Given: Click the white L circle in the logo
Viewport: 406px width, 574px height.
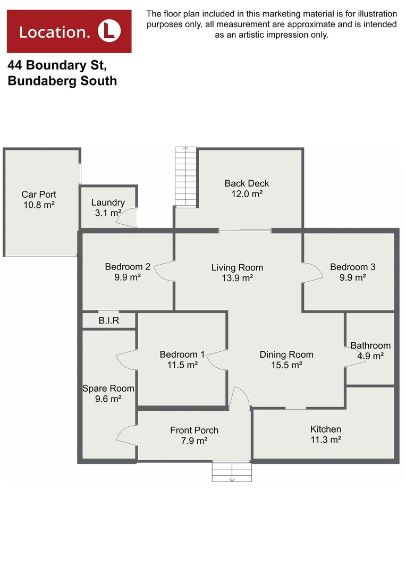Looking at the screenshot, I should tap(109, 31).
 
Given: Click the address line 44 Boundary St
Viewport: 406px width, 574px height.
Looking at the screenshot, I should tap(57, 66).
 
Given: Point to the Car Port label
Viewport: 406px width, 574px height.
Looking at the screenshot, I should tap(39, 195).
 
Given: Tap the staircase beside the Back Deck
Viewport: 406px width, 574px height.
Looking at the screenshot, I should tap(185, 175).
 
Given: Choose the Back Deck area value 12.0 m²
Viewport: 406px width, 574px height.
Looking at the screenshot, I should tap(247, 195).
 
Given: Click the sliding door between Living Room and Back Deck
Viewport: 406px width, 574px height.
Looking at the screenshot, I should tap(245, 231).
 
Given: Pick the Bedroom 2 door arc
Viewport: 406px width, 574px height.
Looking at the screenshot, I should tap(165, 271).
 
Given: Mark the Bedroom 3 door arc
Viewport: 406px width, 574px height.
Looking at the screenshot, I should tap(312, 272).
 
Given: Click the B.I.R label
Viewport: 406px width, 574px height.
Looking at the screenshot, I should tap(109, 321).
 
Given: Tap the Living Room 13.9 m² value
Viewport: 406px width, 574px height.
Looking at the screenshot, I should tap(237, 278).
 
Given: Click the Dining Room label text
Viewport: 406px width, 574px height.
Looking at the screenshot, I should tap(286, 354).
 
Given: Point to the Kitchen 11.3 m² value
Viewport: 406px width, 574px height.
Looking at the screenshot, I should tap(325, 440).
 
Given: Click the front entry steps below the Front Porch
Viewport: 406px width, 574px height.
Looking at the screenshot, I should tap(232, 471).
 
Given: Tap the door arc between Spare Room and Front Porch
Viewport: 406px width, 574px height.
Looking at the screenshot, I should tap(127, 436).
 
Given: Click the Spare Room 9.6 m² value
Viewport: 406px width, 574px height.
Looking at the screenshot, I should tap(108, 399).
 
